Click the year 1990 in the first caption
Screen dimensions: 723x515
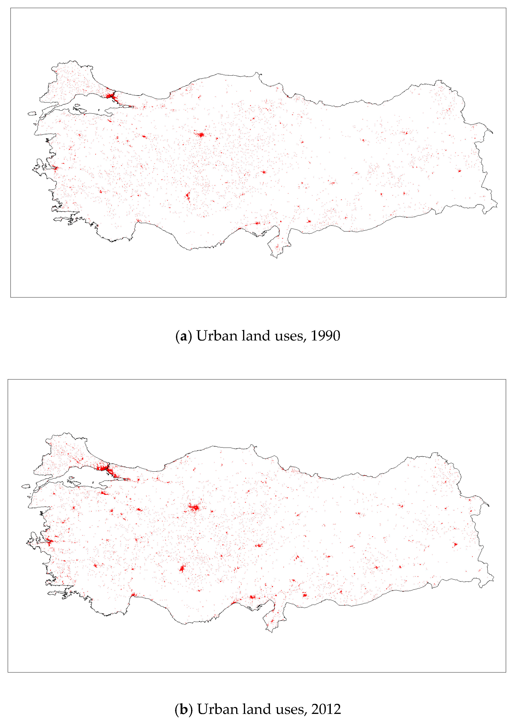click(325, 336)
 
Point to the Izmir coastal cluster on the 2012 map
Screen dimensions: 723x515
click(49, 542)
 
